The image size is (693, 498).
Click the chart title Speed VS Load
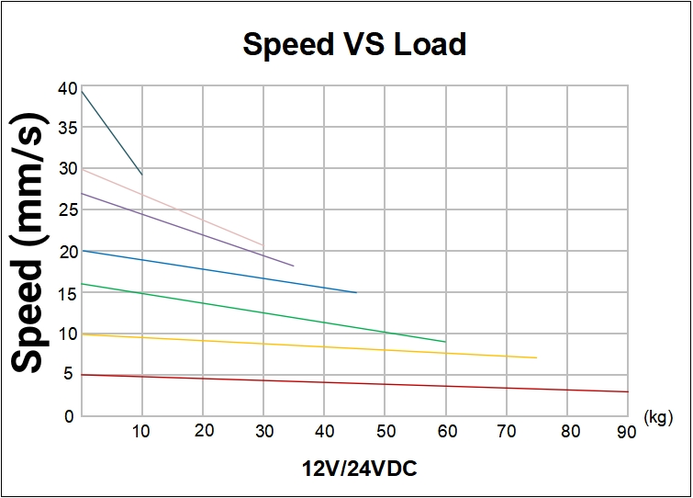point(353,44)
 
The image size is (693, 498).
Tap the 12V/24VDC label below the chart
point(360,468)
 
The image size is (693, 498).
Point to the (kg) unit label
point(659,418)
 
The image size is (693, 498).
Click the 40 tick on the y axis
point(66,88)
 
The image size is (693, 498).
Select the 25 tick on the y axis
point(66,210)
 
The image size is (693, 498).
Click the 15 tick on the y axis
point(66,292)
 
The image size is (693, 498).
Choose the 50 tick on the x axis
point(386,430)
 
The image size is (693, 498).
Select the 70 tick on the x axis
point(508,430)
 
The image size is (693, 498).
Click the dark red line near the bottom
point(367,383)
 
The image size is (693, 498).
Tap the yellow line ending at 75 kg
point(321,345)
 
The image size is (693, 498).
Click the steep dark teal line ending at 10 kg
point(112,132)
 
